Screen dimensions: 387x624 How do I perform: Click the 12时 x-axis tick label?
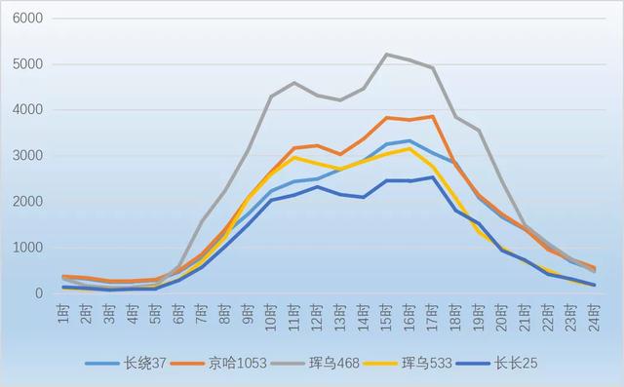(317, 314)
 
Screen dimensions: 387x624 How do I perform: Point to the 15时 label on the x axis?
(386, 314)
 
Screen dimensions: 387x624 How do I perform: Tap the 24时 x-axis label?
(593, 314)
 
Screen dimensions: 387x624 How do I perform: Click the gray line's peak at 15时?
(386, 55)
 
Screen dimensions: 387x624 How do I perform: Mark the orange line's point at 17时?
(432, 117)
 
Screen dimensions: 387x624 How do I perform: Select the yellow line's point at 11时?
(294, 157)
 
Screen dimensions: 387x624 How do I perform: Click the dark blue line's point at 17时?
(432, 177)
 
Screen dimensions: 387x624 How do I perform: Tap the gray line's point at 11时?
(294, 83)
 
